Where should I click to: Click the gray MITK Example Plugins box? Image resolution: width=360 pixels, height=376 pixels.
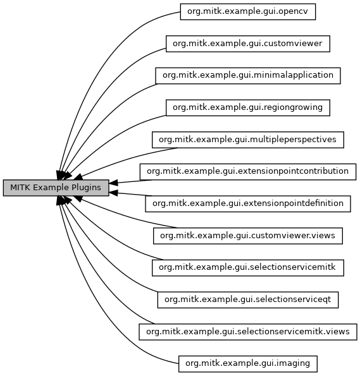pyautogui.click(x=56, y=188)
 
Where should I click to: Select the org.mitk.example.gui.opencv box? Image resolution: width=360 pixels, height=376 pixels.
pyautogui.click(x=248, y=12)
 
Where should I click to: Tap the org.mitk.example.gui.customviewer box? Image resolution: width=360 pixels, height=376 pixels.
pyautogui.click(x=248, y=44)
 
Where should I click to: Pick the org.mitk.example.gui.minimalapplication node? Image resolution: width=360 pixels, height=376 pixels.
pyautogui.click(x=248, y=76)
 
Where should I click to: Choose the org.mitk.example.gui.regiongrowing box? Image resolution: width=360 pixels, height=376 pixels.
pyautogui.click(x=248, y=107)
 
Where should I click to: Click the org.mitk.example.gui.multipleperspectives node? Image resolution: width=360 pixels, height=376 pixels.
pyautogui.click(x=248, y=140)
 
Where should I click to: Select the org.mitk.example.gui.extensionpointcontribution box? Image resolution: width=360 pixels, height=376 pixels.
pyautogui.click(x=248, y=172)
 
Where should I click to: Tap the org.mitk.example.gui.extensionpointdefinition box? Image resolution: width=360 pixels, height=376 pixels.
pyautogui.click(x=248, y=204)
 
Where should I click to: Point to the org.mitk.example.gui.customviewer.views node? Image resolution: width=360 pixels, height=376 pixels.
pyautogui.click(x=248, y=236)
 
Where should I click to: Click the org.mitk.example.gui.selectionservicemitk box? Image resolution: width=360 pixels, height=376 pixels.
pyautogui.click(x=248, y=268)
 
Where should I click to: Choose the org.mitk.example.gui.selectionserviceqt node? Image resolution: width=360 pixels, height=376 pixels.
pyautogui.click(x=248, y=300)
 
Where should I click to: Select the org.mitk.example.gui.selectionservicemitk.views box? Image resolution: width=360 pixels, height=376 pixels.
pyautogui.click(x=248, y=332)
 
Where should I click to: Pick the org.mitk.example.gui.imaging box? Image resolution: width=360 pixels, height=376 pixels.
pyautogui.click(x=248, y=364)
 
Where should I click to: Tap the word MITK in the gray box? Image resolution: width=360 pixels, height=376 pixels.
pyautogui.click(x=20, y=188)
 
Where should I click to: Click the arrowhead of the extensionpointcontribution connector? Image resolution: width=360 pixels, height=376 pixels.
pyautogui.click(x=113, y=183)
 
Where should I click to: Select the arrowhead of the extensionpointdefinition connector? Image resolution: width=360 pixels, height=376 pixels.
pyautogui.click(x=113, y=193)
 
